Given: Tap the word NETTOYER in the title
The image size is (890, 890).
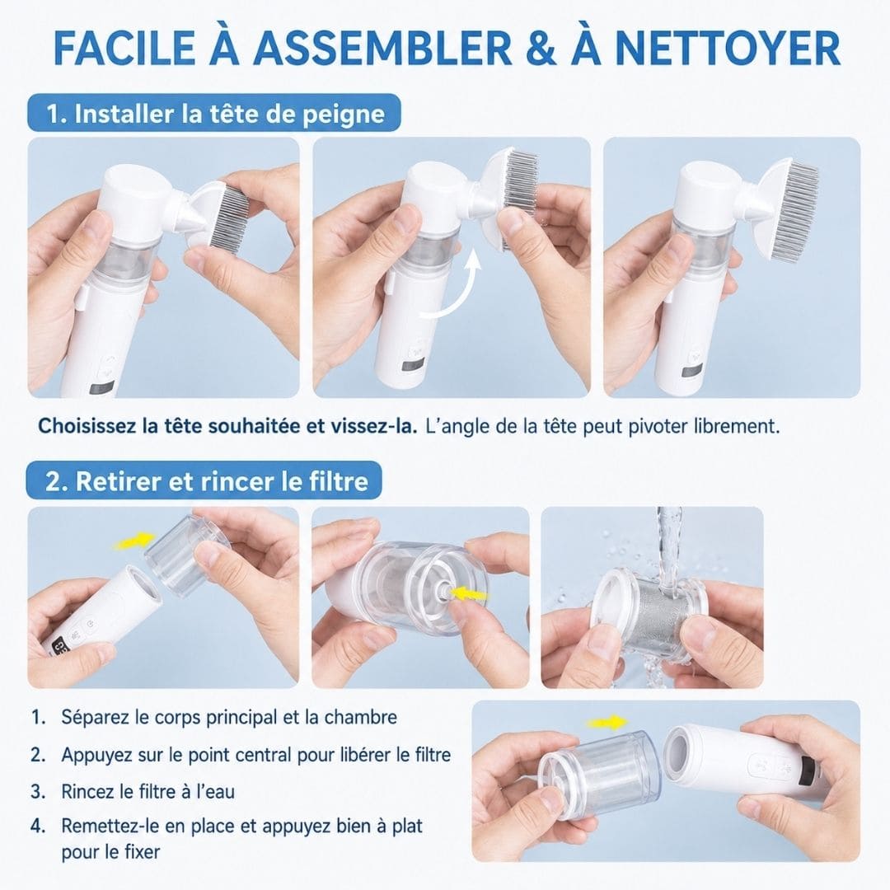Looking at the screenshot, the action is click(x=727, y=49).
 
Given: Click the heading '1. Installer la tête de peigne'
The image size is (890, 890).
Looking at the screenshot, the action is click(x=215, y=114).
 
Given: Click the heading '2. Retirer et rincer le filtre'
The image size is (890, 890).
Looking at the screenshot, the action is click(x=207, y=480).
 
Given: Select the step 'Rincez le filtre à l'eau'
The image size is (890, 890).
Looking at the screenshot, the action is click(x=148, y=791).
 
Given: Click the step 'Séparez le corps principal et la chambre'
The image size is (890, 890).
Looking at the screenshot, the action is click(x=229, y=717).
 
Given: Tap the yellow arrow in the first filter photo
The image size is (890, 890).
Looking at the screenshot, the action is click(x=134, y=541).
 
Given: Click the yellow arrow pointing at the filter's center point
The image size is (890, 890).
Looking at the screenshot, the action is click(x=469, y=594).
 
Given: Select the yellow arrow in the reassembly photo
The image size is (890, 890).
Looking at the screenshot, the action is click(x=607, y=723).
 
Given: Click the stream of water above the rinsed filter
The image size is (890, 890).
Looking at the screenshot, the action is click(x=668, y=545).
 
